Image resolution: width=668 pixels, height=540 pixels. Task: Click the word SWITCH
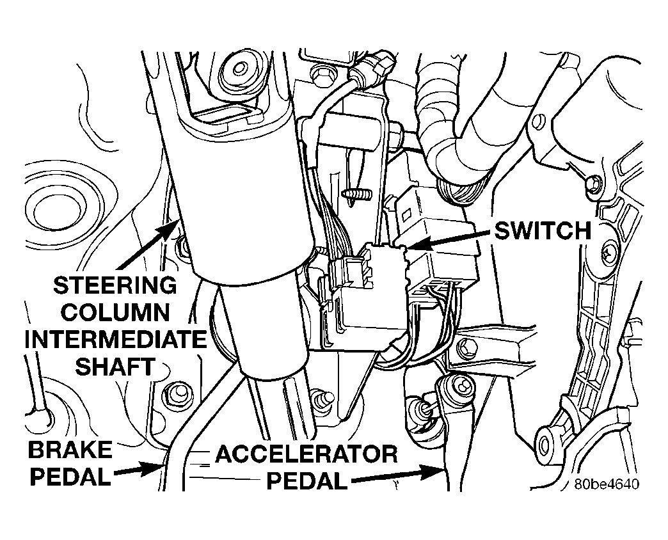tap(543, 231)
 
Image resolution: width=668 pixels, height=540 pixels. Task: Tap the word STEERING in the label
tap(115, 285)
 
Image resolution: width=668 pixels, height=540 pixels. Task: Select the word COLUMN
tap(115, 312)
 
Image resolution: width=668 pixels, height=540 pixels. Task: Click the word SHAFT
tap(115, 367)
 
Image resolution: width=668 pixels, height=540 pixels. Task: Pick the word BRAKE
tap(71, 450)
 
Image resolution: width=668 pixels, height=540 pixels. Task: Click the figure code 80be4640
tap(607, 484)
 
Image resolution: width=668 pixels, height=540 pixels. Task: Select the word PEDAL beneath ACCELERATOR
tap(306, 481)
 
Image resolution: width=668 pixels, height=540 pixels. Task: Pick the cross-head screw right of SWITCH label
tap(607, 254)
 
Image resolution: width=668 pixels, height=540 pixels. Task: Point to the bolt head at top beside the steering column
tap(241, 68)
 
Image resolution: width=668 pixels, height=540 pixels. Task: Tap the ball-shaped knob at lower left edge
tap(42, 418)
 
